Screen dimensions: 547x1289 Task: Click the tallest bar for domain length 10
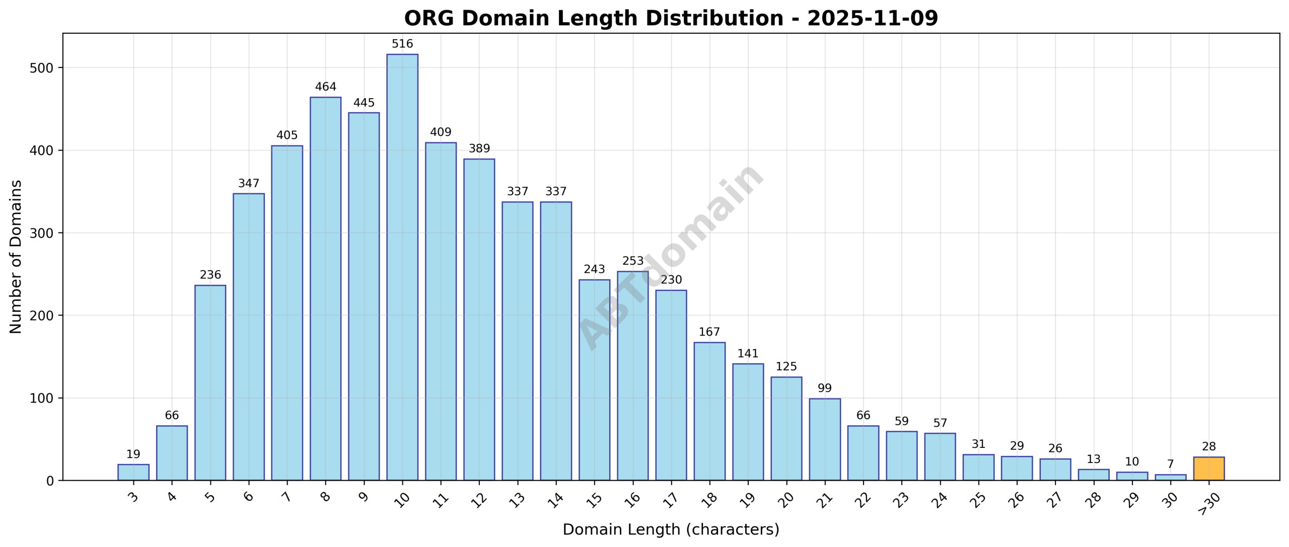click(402, 267)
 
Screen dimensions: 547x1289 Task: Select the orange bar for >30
click(1208, 468)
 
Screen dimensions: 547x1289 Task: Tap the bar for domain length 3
click(133, 472)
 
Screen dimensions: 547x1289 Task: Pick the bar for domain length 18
click(709, 411)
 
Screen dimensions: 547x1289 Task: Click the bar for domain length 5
click(210, 382)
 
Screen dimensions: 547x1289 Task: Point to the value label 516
click(402, 44)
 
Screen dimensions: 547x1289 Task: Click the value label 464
click(325, 87)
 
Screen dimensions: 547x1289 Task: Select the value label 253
click(633, 261)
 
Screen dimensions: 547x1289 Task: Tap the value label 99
click(825, 388)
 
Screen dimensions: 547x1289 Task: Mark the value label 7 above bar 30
click(1170, 464)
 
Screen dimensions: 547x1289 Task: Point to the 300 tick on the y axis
click(42, 233)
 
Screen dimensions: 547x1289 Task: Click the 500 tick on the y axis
click(42, 68)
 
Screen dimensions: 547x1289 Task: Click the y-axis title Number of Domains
click(16, 257)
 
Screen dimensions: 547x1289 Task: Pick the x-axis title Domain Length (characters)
click(671, 530)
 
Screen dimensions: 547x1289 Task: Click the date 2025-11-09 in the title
click(872, 19)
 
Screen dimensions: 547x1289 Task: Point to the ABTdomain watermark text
click(671, 257)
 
